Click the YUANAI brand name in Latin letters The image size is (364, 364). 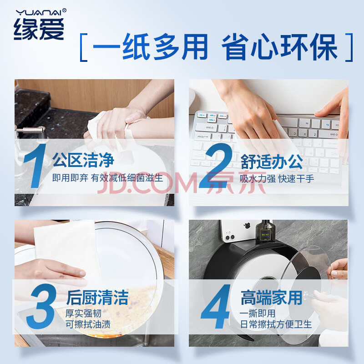pyautogui.click(x=39, y=13)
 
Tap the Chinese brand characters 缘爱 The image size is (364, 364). pyautogui.click(x=39, y=29)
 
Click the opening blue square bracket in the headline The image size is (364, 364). pyautogui.click(x=84, y=47)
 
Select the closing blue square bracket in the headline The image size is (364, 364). pyautogui.click(x=349, y=47)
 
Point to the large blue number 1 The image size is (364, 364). pyautogui.click(x=35, y=166)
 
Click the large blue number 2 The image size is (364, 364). pyautogui.click(x=216, y=165)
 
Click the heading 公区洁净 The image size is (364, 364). pyautogui.click(x=83, y=160)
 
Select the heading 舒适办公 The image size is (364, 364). pyautogui.click(x=272, y=162)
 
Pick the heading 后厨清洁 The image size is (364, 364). pyautogui.click(x=97, y=298)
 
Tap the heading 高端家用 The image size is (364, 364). pyautogui.click(x=271, y=298)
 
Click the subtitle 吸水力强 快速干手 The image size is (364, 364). pyautogui.click(x=277, y=179)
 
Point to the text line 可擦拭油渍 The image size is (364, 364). pyautogui.click(x=88, y=324)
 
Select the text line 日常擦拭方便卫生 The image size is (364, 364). pyautogui.click(x=276, y=324)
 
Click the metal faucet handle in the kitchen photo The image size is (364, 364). pyautogui.click(x=30, y=130)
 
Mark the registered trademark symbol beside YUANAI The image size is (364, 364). pyautogui.click(x=64, y=10)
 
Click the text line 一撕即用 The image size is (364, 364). pyautogui.click(x=258, y=313)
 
